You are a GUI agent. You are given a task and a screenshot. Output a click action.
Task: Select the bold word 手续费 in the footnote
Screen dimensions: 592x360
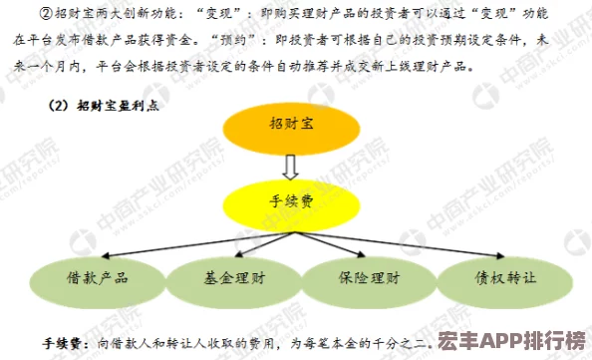tap(63, 342)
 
